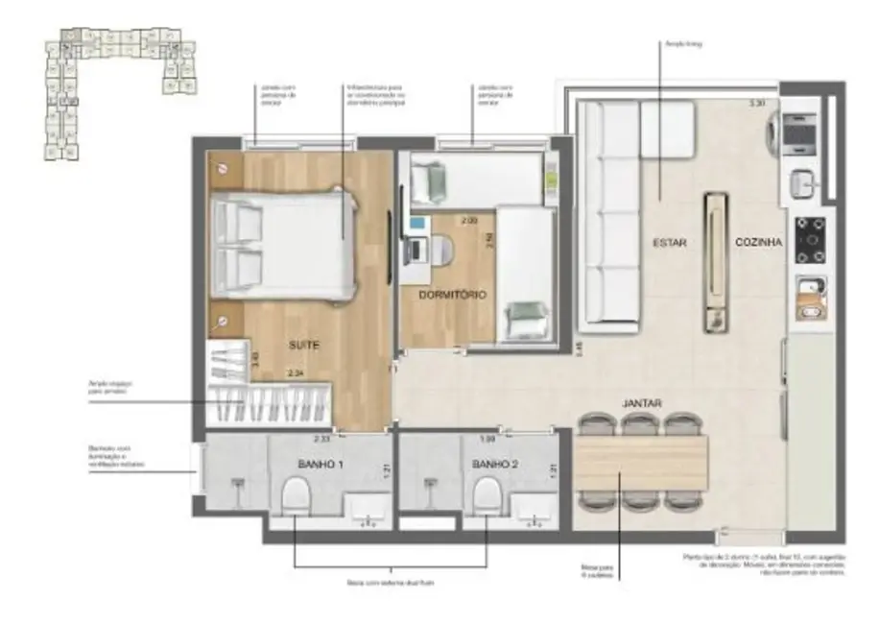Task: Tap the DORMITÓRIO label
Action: coord(453,294)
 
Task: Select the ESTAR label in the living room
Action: coord(671,243)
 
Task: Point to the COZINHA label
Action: coord(759,243)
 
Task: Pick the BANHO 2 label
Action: coord(495,465)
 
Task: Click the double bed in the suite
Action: coord(283,242)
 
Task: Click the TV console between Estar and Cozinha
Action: coord(715,262)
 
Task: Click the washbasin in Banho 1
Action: coord(367,509)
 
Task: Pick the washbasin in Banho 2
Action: coord(534,509)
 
